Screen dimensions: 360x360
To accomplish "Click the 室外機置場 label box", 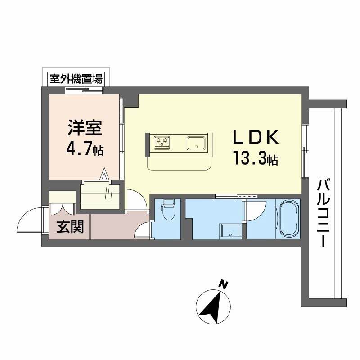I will [x=76, y=80].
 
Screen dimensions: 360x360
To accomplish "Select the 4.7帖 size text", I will [x=86, y=149].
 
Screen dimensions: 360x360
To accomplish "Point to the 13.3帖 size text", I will [x=255, y=158].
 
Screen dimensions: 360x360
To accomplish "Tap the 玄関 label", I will [x=70, y=227].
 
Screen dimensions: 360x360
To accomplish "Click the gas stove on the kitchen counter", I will [x=163, y=143].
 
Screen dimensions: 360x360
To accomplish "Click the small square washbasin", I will [x=230, y=231].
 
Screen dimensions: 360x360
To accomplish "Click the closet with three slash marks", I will [x=100, y=195].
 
